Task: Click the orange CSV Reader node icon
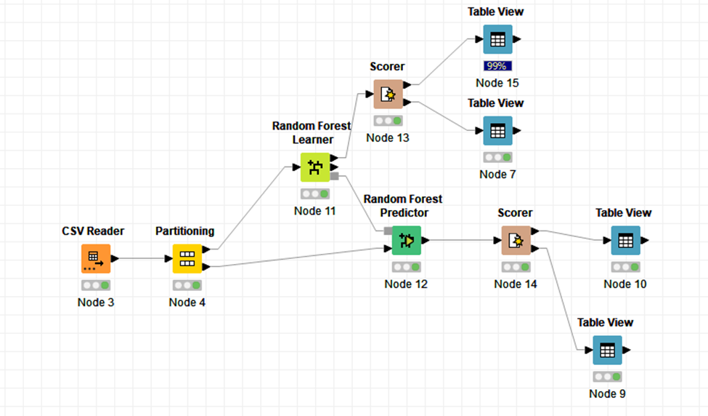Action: [95, 258]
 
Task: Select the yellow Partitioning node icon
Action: [187, 258]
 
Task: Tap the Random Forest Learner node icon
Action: [314, 167]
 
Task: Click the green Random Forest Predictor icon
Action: [406, 240]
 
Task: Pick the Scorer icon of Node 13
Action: [388, 94]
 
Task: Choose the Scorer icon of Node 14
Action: [516, 240]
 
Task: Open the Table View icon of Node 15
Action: [497, 39]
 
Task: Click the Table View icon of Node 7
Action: [497, 131]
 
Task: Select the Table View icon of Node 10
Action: [625, 240]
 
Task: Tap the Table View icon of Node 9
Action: [607, 350]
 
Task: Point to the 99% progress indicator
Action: [497, 66]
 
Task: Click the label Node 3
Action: [95, 303]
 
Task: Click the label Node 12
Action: [406, 284]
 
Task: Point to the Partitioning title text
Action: [184, 231]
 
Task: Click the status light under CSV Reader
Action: [95, 285]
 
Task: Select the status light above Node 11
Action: [314, 194]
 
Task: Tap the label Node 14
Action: [516, 284]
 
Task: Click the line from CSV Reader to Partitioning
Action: [141, 258]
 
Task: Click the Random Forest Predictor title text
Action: [403, 206]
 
